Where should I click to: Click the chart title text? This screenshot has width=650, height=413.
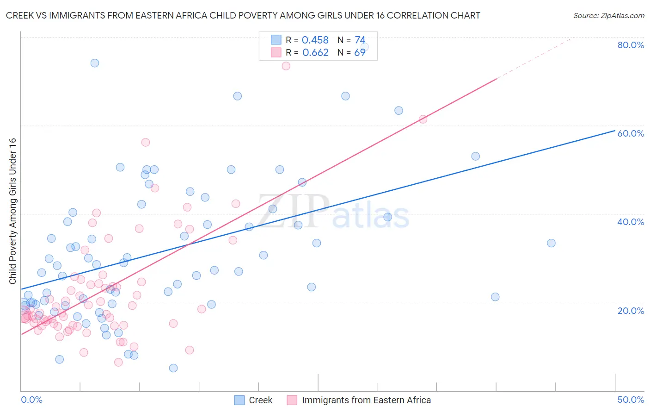tap(243, 15)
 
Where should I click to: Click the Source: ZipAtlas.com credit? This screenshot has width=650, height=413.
tap(608, 15)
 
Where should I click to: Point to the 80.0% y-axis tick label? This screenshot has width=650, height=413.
tap(630, 45)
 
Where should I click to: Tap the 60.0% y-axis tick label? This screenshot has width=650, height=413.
tap(630, 133)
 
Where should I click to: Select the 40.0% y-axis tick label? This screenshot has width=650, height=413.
tap(630, 222)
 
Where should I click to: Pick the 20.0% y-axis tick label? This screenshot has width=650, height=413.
tap(630, 311)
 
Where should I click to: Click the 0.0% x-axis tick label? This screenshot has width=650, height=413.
tap(31, 400)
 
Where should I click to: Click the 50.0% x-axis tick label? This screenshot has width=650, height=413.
tap(630, 400)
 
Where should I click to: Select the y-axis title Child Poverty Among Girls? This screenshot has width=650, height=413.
tap(12, 211)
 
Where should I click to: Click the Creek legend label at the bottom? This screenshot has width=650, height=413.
tap(260, 400)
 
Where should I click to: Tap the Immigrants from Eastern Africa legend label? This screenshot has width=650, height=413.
tap(366, 400)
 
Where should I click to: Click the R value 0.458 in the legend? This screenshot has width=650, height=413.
tap(315, 40)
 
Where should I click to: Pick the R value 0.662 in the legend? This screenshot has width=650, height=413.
tap(315, 52)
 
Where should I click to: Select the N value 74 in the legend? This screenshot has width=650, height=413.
tap(360, 40)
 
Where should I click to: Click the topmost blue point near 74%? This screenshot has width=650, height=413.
tap(95, 63)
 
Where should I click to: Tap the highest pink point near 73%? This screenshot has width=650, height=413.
tap(286, 66)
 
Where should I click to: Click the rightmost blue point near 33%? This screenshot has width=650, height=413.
tap(551, 243)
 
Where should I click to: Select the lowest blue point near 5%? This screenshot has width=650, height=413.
tap(173, 368)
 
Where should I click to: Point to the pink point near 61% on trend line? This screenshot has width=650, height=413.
tap(423, 119)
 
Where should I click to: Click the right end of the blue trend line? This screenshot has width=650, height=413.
tap(614, 131)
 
